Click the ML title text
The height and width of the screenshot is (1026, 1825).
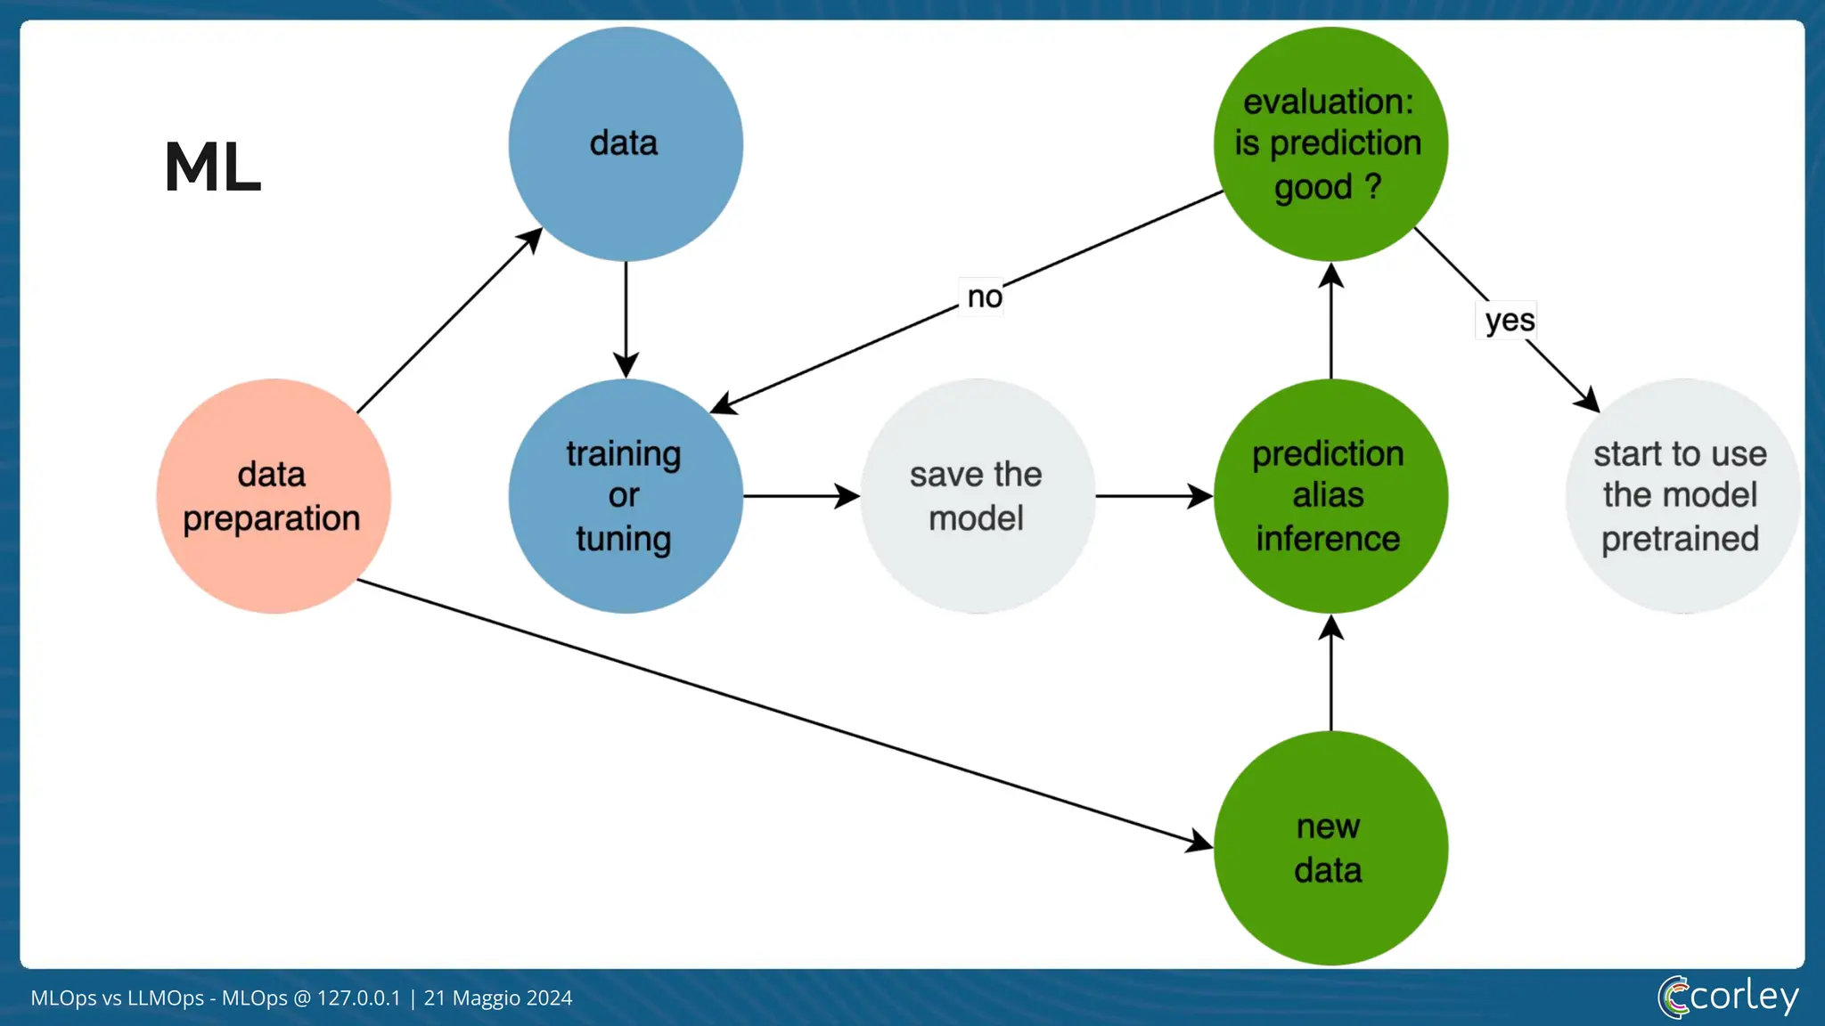[212, 167]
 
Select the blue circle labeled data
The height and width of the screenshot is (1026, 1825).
[626, 144]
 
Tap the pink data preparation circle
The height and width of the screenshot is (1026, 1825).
[273, 496]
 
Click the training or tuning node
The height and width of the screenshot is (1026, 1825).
[626, 496]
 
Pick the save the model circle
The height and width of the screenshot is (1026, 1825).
[978, 496]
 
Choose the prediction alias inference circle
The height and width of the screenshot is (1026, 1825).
[1330, 496]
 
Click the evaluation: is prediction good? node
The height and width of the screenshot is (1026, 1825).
[1330, 144]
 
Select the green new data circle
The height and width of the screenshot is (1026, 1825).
[1330, 848]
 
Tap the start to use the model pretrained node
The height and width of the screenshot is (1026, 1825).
[1681, 496]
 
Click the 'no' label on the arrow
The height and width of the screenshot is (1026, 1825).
[984, 297]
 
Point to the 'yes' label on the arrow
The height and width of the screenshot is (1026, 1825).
[1509, 321]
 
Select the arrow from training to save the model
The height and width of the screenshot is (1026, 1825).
[800, 496]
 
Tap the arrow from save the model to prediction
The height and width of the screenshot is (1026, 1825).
[1153, 496]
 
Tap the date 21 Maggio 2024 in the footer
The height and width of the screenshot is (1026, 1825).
[497, 998]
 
